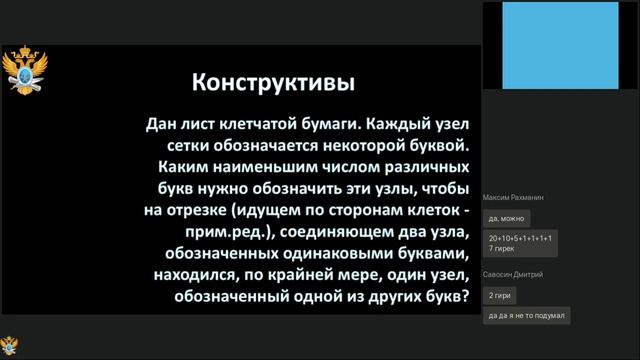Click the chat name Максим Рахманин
coord(515,199)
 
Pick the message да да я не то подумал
coord(526,315)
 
